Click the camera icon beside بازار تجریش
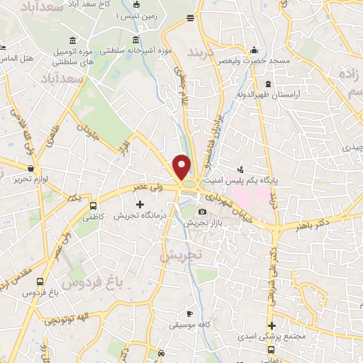click(203, 211)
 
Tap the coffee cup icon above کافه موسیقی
click(189, 313)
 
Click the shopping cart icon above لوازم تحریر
click(30, 168)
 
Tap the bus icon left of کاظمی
click(93, 206)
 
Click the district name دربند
click(206, 52)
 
